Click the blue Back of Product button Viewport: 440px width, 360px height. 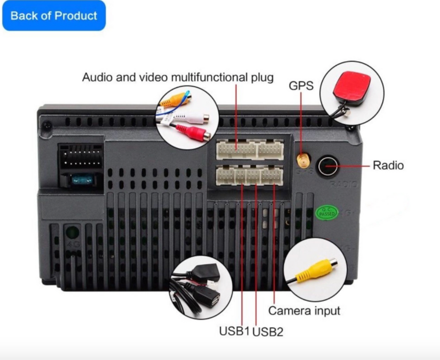(54, 16)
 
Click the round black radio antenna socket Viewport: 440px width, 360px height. (328, 166)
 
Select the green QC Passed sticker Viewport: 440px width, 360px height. (327, 213)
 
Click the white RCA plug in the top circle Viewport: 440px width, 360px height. (192, 118)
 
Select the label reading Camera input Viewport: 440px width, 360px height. (304, 311)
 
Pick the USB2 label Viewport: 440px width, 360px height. (268, 332)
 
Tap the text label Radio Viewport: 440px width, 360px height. (388, 165)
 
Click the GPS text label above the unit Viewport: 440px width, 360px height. (301, 86)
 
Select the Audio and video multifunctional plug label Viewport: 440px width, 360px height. (177, 78)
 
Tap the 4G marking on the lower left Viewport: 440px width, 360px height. (71, 244)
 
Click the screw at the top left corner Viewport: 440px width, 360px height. (47, 126)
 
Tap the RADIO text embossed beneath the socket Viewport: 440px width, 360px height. (343, 184)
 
